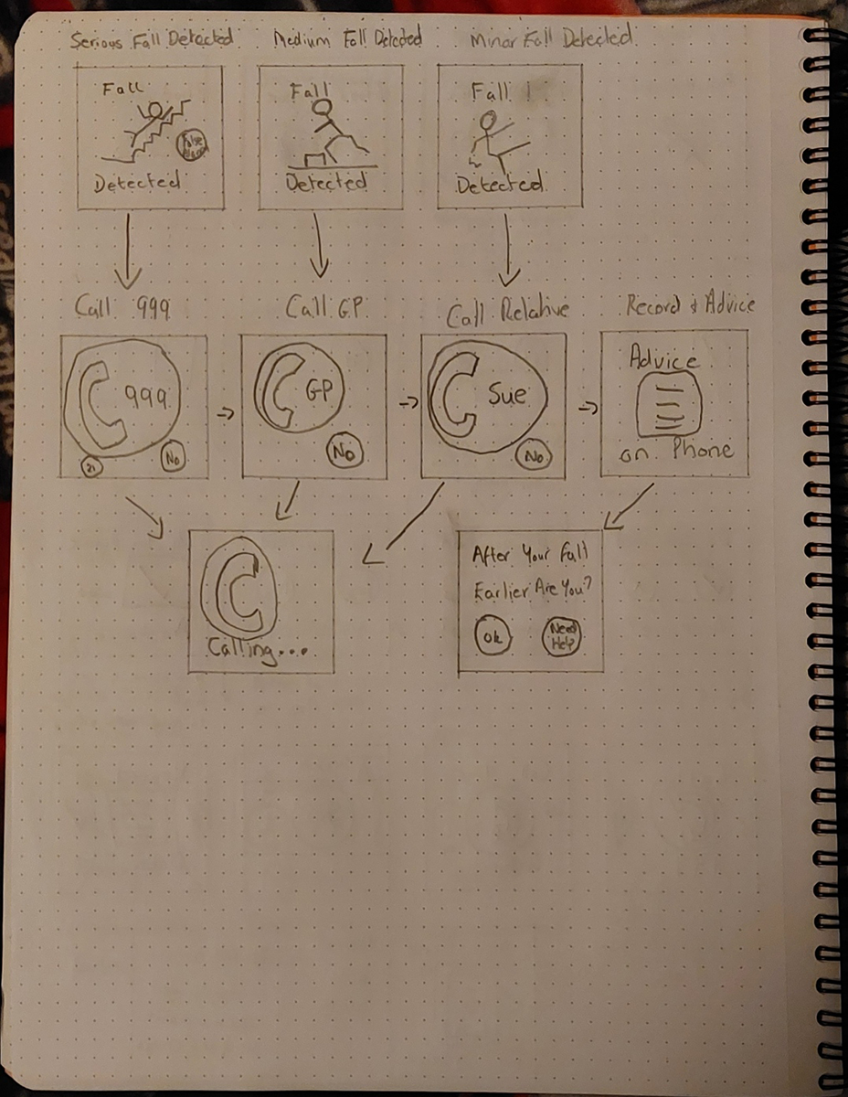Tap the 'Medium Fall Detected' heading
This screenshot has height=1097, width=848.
click(347, 39)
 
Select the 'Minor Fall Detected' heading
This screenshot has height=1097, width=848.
click(552, 39)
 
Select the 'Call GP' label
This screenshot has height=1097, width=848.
click(324, 309)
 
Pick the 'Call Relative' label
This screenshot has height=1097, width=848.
click(507, 311)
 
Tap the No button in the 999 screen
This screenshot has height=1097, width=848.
click(174, 456)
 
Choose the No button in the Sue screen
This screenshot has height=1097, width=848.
click(532, 454)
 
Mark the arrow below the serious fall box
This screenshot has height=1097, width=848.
click(127, 247)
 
